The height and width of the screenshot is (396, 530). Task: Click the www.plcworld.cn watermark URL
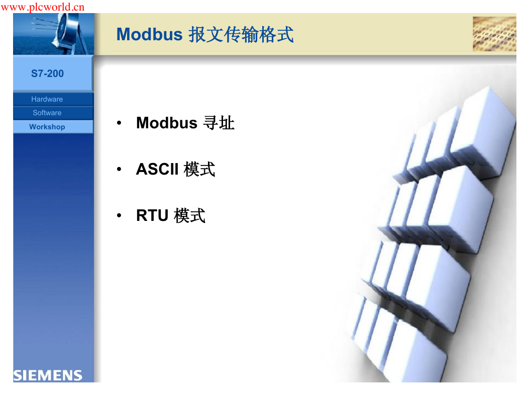click(x=43, y=7)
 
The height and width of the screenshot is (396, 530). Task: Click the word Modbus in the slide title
click(x=149, y=34)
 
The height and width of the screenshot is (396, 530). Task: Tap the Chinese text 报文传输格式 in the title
click(x=241, y=35)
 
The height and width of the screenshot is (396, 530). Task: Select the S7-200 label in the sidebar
click(x=47, y=73)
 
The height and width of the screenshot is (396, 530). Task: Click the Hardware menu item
click(x=47, y=99)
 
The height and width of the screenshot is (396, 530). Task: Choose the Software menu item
click(x=47, y=113)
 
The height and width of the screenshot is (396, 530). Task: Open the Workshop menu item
click(x=47, y=127)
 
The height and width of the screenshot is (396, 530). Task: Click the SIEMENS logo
click(x=48, y=375)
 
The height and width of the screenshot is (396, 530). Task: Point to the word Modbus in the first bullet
click(x=167, y=122)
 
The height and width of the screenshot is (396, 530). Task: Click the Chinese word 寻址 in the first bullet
click(x=219, y=123)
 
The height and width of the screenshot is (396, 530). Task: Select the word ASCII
click(x=157, y=169)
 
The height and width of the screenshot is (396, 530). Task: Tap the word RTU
click(x=152, y=215)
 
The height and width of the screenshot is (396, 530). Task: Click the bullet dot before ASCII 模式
click(x=119, y=169)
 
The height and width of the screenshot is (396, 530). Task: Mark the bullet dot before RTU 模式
click(x=119, y=215)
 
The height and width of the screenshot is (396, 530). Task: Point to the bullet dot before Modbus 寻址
click(x=119, y=123)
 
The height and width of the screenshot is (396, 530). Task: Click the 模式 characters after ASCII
click(x=199, y=169)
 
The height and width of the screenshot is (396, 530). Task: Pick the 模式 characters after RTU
click(x=189, y=215)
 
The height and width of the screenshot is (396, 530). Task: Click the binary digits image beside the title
click(x=494, y=34)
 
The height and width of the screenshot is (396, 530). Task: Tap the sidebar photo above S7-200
click(x=53, y=34)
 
